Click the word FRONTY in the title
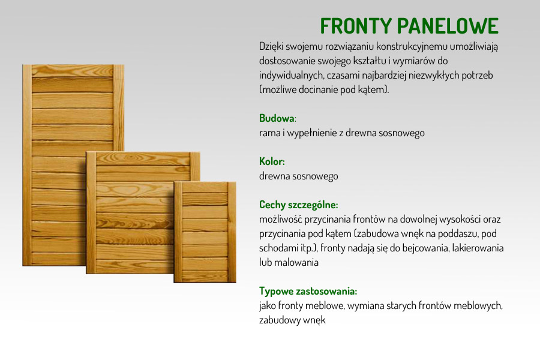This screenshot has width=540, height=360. click(x=356, y=26)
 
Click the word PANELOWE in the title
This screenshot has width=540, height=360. click(x=448, y=26)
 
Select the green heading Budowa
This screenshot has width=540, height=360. click(x=277, y=118)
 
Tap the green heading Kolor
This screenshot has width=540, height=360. click(x=271, y=161)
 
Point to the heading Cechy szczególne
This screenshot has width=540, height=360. click(x=298, y=205)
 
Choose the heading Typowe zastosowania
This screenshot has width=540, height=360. click(x=308, y=291)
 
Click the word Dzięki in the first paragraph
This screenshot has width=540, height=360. click(x=271, y=46)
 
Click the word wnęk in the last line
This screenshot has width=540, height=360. click(x=314, y=320)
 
